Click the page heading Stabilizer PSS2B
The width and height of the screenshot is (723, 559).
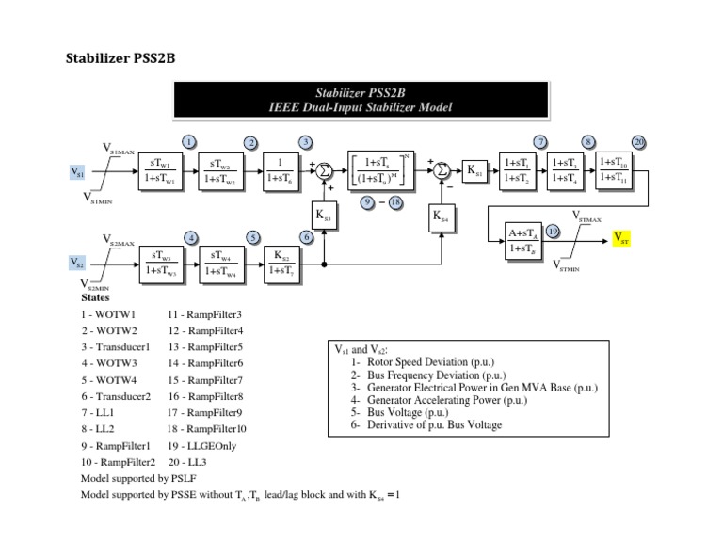tap(120, 58)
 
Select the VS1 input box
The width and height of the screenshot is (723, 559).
tap(79, 172)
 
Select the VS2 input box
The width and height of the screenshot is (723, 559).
tap(79, 262)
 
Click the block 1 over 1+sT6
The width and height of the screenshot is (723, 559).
tap(281, 169)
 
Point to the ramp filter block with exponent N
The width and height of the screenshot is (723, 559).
tap(381, 169)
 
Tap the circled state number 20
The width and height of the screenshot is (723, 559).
tap(639, 142)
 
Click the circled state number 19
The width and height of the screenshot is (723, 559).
tap(554, 230)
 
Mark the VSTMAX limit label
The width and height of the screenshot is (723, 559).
tap(588, 216)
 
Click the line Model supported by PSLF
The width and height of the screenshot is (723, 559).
tap(138, 478)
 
